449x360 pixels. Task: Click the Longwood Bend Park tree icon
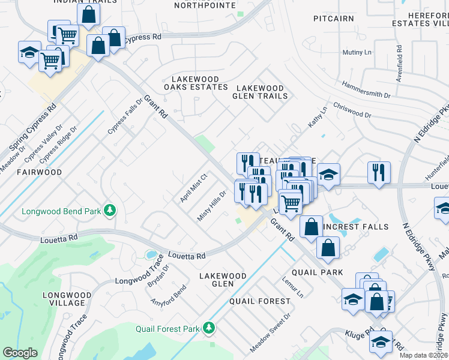pyautogui.click(x=110, y=210)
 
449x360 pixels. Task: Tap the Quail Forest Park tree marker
pyautogui.click(x=208, y=328)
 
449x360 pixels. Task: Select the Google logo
pyautogui.click(x=20, y=353)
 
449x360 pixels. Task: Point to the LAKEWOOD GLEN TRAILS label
pyautogui.click(x=261, y=92)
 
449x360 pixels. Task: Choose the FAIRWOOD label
pyautogui.click(x=39, y=172)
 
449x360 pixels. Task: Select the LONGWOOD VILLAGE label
pyautogui.click(x=67, y=299)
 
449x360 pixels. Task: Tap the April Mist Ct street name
pyautogui.click(x=194, y=187)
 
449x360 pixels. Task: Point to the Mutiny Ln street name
pyautogui.click(x=357, y=53)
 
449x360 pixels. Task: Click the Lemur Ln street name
pyautogui.click(x=292, y=287)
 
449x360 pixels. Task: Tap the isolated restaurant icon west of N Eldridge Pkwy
pyautogui.click(x=379, y=171)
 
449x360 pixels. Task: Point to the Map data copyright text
pyautogui.click(x=424, y=355)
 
